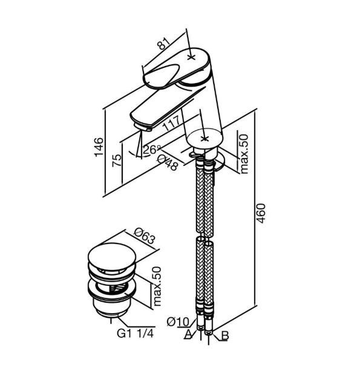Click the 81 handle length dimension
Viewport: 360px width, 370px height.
(x=165, y=43)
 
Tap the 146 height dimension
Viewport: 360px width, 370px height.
(x=99, y=147)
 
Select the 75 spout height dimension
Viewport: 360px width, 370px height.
(x=117, y=160)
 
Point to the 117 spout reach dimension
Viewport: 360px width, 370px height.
(x=172, y=123)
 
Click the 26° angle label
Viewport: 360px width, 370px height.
(x=152, y=150)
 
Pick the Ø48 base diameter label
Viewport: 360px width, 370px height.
(x=168, y=162)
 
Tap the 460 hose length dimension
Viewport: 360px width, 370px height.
(x=261, y=213)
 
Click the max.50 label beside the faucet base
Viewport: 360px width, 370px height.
(x=244, y=154)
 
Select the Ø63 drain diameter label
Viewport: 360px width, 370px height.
(x=145, y=236)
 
